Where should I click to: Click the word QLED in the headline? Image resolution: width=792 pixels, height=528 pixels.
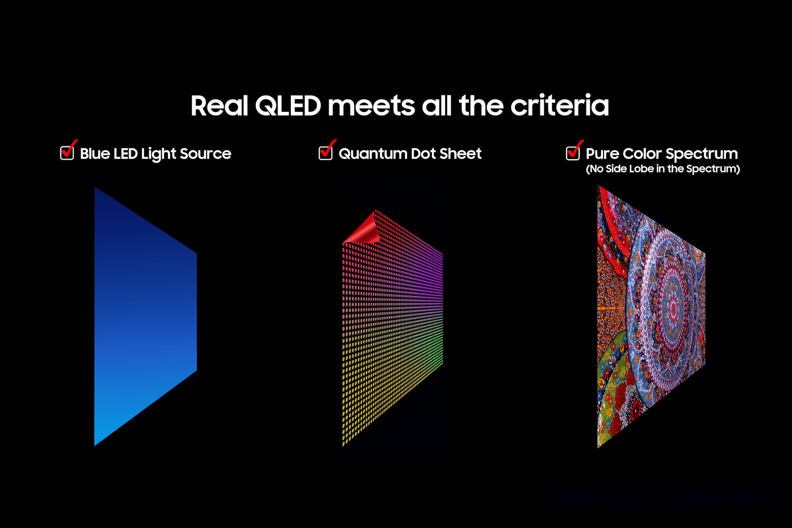pyautogui.click(x=288, y=106)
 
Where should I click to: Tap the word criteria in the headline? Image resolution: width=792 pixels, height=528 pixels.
pyautogui.click(x=559, y=106)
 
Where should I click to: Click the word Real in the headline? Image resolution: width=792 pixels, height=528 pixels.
pyautogui.click(x=219, y=106)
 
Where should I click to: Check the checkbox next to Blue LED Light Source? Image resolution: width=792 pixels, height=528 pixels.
pyautogui.click(x=67, y=153)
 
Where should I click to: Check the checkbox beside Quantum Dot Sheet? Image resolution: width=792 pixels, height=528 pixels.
pyautogui.click(x=325, y=153)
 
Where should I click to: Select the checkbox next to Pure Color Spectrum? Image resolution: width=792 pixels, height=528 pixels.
pyautogui.click(x=573, y=153)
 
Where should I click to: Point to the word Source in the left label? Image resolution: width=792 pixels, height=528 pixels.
pyautogui.click(x=205, y=153)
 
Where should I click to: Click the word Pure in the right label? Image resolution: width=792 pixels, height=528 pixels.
pyautogui.click(x=602, y=153)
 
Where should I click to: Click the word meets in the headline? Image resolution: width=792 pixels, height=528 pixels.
pyautogui.click(x=371, y=106)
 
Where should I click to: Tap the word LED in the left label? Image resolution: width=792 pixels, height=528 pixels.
pyautogui.click(x=125, y=153)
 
